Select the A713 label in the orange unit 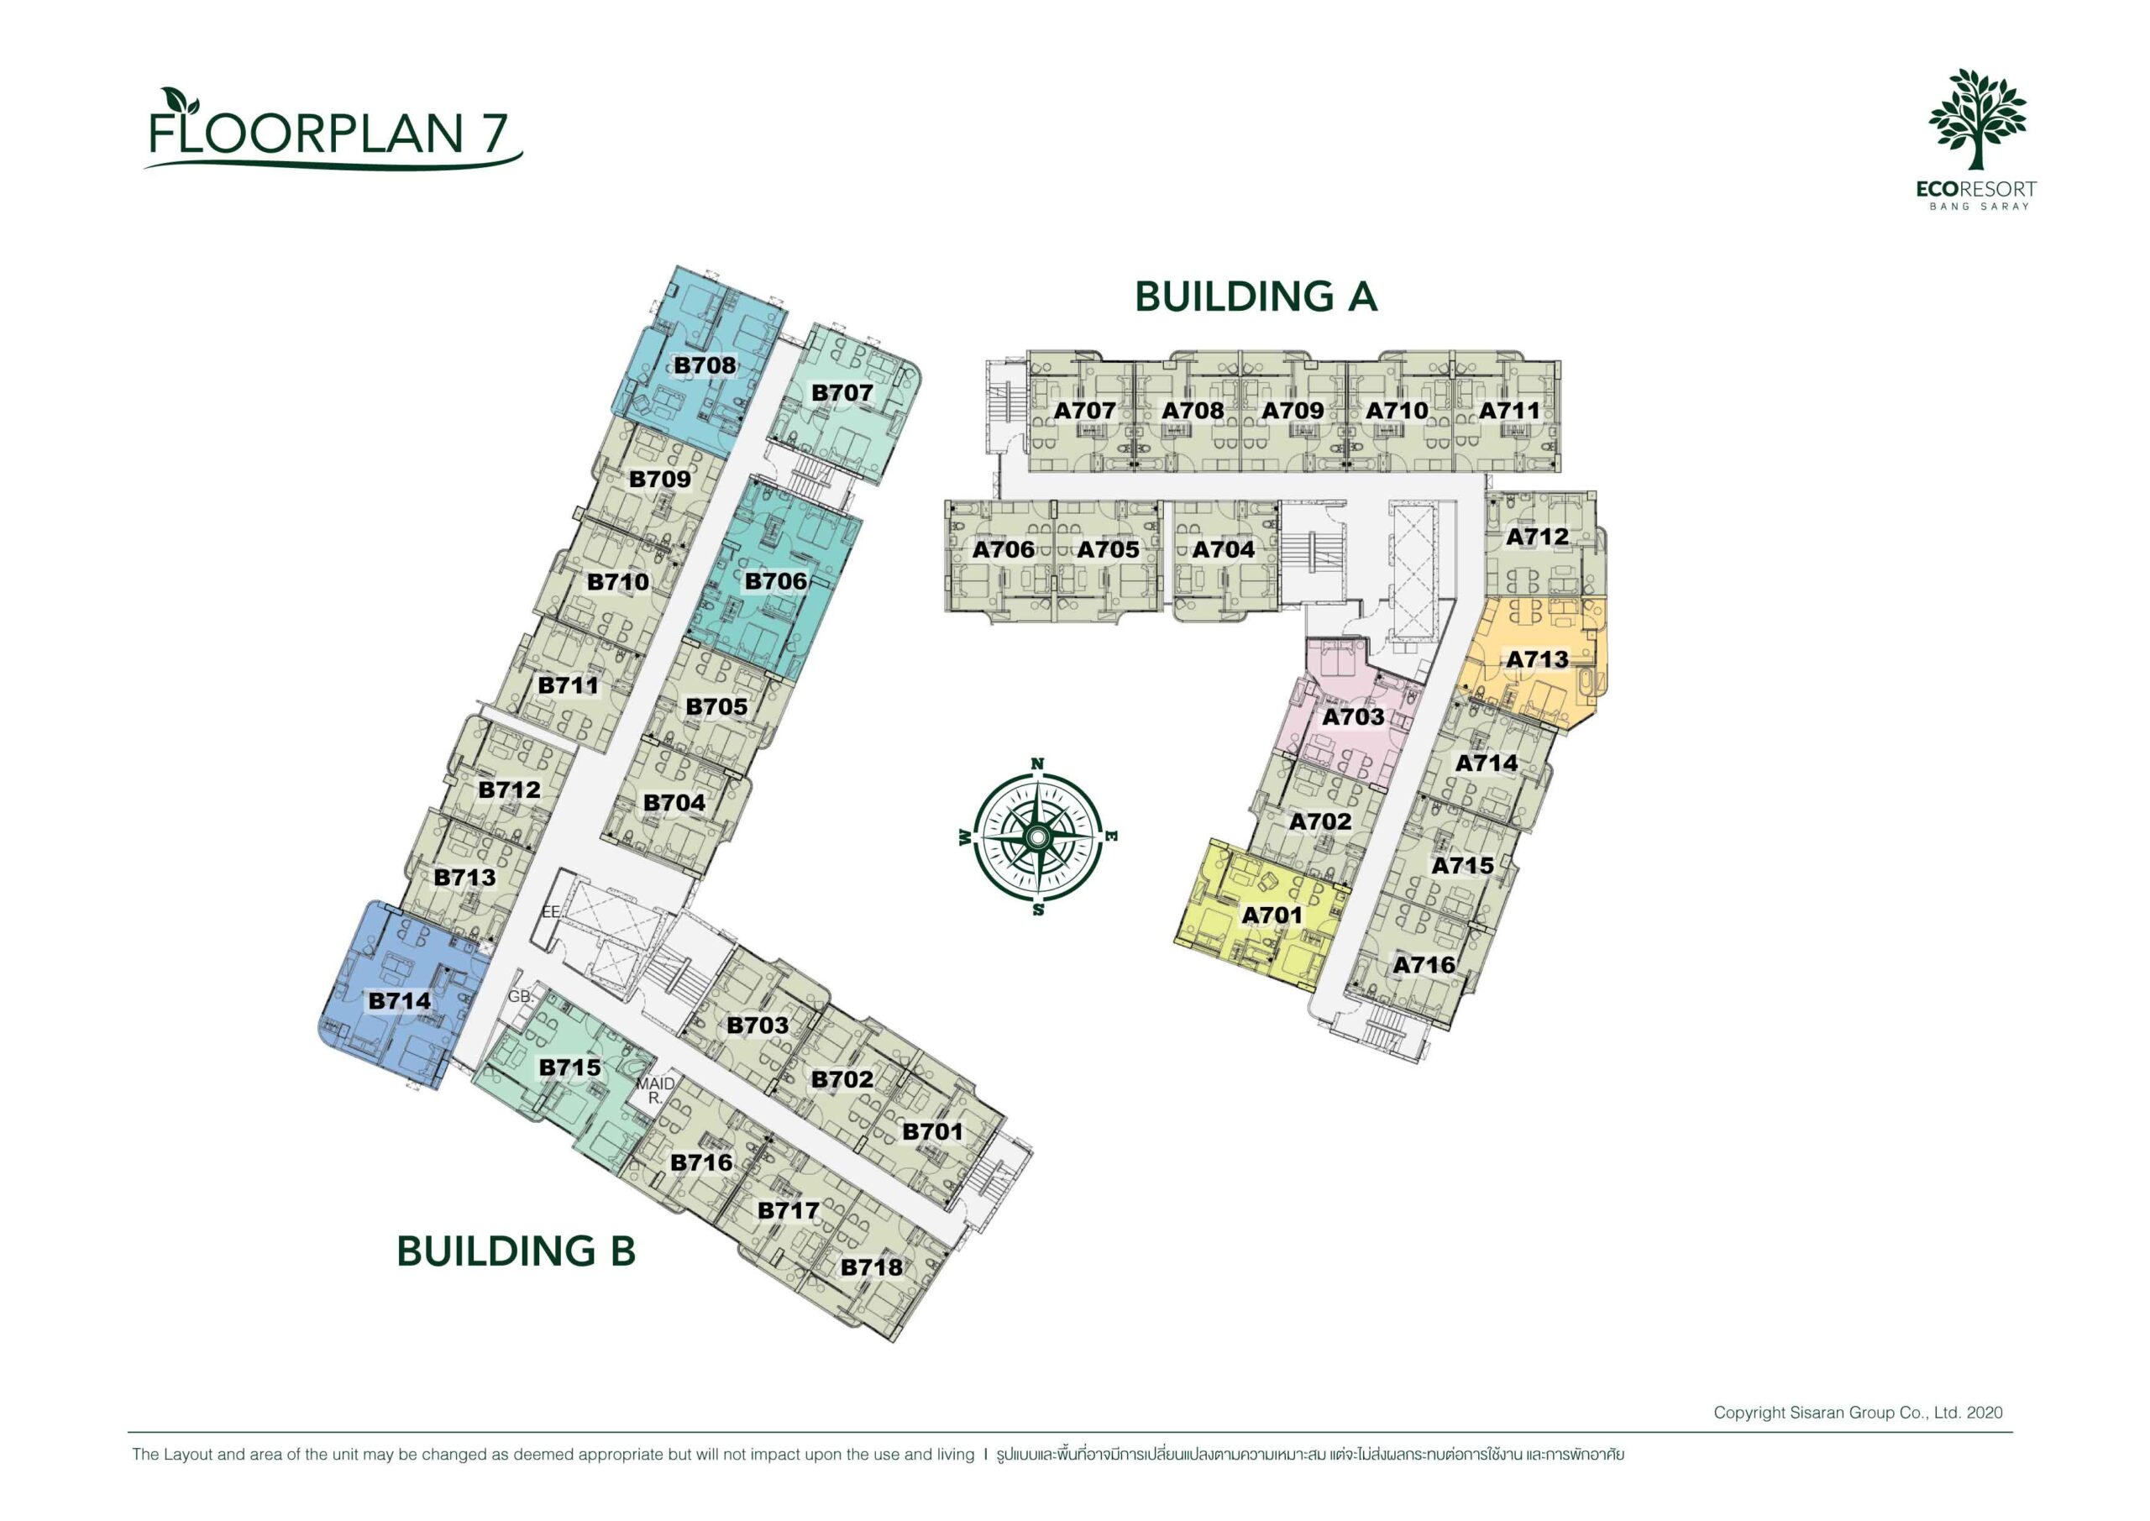[x=1537, y=659]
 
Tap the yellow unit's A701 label [x=1272, y=915]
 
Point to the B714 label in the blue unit [x=400, y=1001]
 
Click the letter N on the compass [x=1037, y=763]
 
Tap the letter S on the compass [x=1037, y=909]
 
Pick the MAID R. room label [x=655, y=1090]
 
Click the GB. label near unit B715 [x=521, y=997]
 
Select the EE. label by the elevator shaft [x=551, y=911]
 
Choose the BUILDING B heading [x=516, y=1251]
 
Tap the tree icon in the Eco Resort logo [x=1977, y=118]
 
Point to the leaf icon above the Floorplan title [x=174, y=100]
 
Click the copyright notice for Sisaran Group [x=1858, y=1413]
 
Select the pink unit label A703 [x=1352, y=717]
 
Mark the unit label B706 [x=775, y=582]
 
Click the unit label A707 [x=1084, y=410]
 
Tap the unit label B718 [x=871, y=1267]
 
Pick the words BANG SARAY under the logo [x=1979, y=206]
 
